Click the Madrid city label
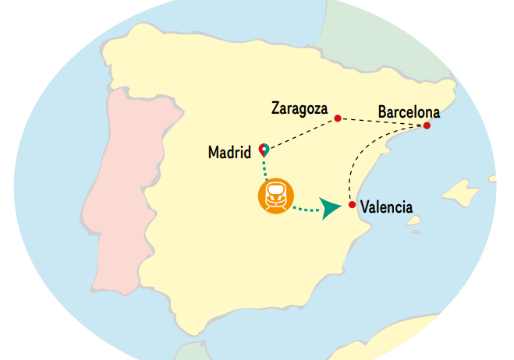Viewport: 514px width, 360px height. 229,153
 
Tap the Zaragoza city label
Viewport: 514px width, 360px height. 299,108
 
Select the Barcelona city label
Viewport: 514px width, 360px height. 409,111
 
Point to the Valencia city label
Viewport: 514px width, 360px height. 385,207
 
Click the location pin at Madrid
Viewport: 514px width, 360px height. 264,148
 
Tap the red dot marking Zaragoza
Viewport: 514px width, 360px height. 338,118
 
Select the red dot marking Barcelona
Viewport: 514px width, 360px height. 427,125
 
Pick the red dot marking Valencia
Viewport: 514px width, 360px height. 353,205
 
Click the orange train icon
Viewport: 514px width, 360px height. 275,195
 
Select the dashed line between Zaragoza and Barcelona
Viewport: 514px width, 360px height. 382,122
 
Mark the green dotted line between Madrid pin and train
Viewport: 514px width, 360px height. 265,167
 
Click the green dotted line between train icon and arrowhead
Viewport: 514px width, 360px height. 307,208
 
